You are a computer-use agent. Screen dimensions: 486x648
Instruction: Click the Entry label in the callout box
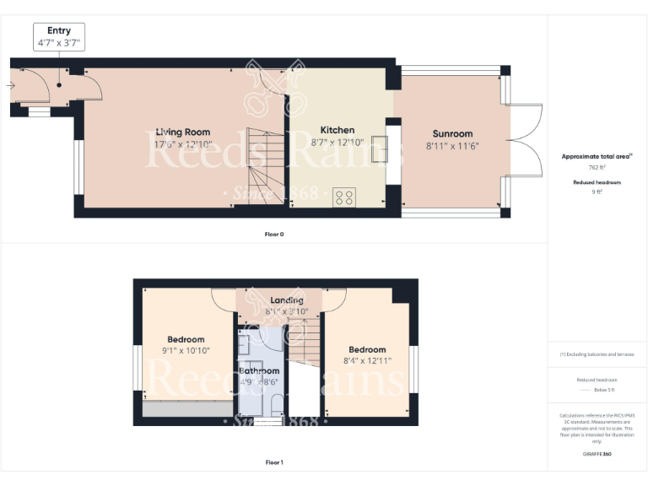[59, 30]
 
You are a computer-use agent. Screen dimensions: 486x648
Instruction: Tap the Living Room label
[182, 132]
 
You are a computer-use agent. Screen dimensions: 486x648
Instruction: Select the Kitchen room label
[337, 131]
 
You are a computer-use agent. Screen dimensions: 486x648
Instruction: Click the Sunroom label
[452, 133]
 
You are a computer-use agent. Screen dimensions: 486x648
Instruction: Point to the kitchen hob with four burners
[344, 197]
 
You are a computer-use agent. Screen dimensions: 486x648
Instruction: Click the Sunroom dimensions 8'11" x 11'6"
[452, 145]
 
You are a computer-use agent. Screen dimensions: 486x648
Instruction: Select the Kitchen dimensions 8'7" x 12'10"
[337, 143]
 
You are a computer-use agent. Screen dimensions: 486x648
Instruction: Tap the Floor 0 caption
[273, 234]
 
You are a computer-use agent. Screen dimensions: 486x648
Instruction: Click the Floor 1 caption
[273, 462]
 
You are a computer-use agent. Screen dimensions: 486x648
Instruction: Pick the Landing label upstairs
[287, 300]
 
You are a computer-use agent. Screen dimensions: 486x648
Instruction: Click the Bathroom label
[259, 370]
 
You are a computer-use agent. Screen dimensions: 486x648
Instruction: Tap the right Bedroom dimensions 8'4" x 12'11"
[367, 360]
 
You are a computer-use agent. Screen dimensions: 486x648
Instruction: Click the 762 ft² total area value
[597, 168]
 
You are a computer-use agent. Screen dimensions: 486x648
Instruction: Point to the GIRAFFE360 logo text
[597, 454]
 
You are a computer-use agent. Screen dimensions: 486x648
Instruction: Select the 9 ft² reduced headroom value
[597, 192]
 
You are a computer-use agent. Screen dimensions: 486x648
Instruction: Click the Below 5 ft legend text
[597, 389]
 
